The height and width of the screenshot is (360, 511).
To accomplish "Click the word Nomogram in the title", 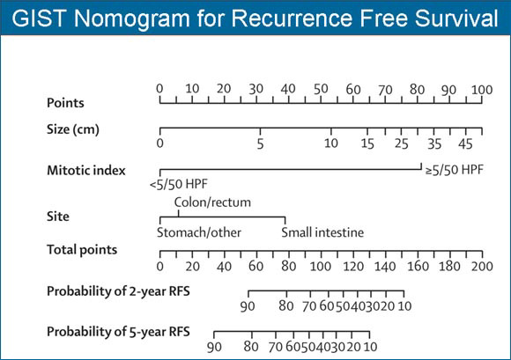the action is coord(131,18).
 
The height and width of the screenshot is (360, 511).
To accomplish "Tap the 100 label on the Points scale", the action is coord(482,90).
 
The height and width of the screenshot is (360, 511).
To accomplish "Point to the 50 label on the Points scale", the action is coord(321,89).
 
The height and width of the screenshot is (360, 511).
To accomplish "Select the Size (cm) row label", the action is coord(73,129).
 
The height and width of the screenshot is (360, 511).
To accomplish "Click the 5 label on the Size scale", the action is coord(260,143).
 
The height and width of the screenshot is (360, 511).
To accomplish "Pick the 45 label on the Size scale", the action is coord(465,143).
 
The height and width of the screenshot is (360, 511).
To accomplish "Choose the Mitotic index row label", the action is coord(86,170).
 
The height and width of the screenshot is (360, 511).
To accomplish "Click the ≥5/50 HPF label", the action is coord(455,170).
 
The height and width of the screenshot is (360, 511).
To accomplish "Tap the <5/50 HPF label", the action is coord(179,184).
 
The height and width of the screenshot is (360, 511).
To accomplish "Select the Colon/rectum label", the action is coord(212,202).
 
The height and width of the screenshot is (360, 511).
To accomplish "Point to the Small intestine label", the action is coord(322,232).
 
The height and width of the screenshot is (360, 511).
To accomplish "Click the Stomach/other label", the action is coord(199,232).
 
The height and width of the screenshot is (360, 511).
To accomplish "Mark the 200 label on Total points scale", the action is coord(482,266).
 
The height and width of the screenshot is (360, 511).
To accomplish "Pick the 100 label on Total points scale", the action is coord(321,266).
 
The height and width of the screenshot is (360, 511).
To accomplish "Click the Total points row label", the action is coord(82,250).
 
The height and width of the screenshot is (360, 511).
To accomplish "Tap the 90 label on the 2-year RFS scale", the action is coord(248,306).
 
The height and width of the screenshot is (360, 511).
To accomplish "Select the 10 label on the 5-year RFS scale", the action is coord(370,347).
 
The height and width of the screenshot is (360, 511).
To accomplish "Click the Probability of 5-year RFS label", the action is coord(118,332).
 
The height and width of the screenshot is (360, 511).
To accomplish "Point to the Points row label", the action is coord(65,103).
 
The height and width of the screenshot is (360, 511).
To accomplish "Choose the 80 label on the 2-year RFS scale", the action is coord(286,306).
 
